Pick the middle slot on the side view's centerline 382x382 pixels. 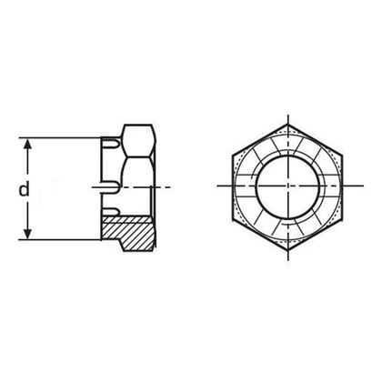tap(110, 188)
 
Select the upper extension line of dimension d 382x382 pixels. tap(64, 137)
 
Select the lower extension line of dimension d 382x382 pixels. tap(64, 240)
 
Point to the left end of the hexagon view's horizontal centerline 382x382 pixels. tap(219, 188)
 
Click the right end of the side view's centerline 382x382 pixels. tap(170, 188)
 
